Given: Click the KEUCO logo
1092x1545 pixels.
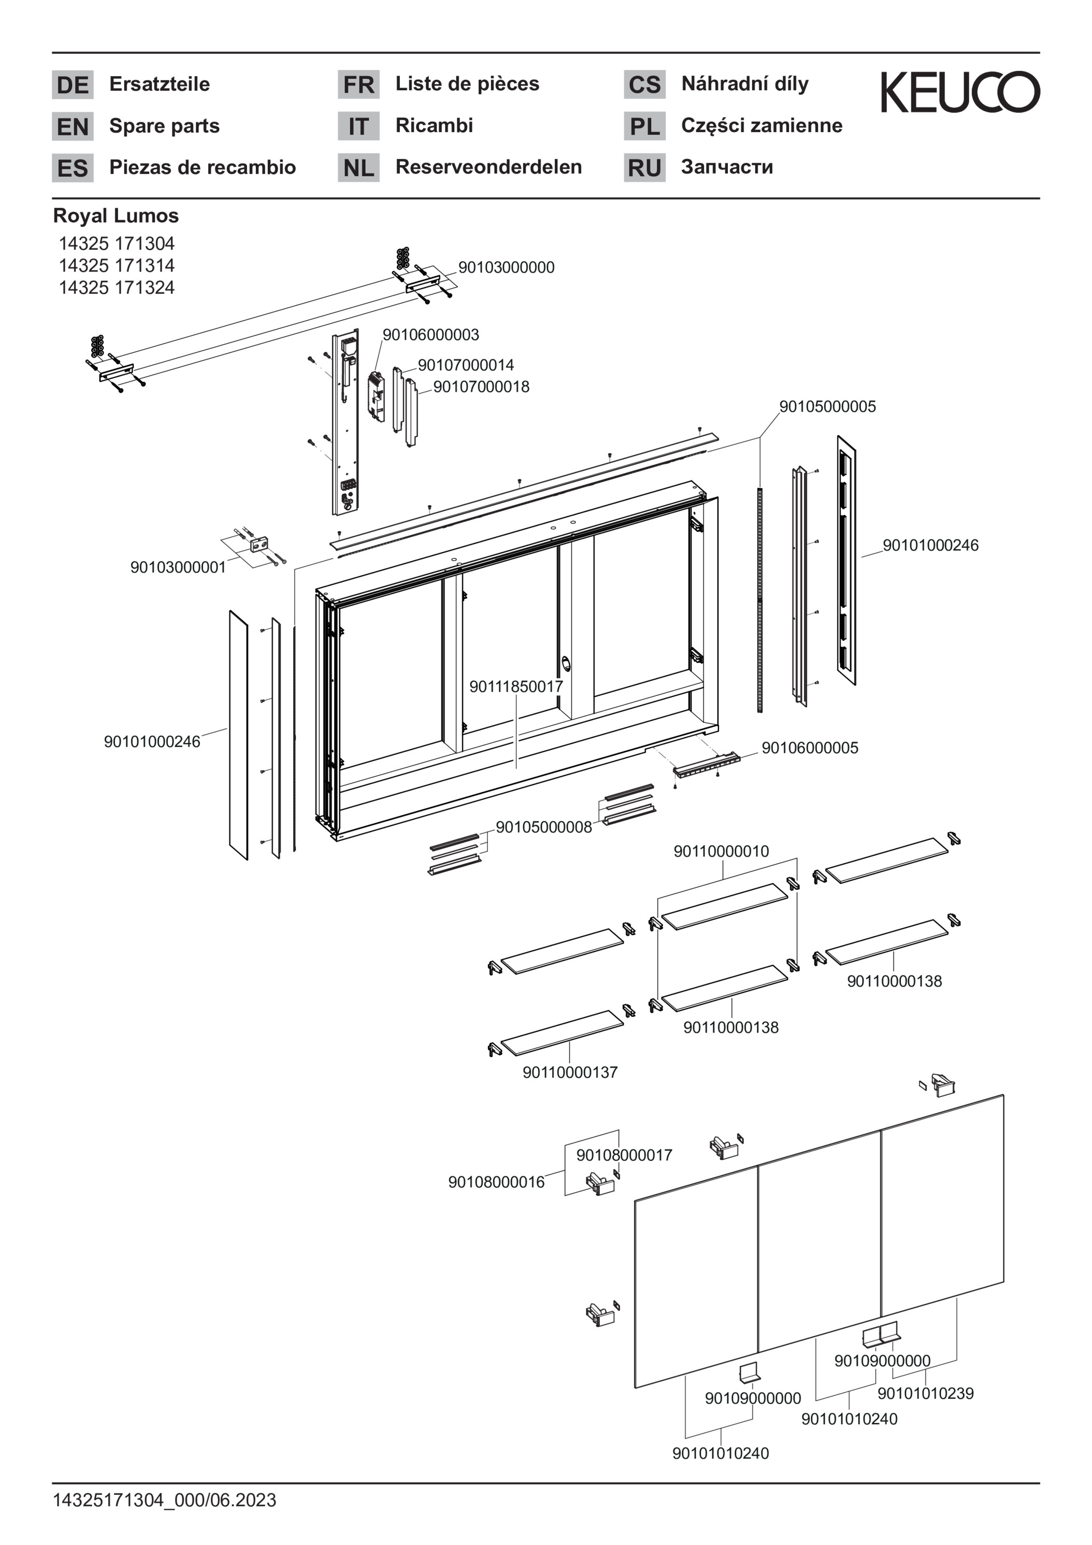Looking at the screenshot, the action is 960,92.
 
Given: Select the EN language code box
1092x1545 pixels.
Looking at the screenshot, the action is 73,126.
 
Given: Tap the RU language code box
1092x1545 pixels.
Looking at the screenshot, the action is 644,167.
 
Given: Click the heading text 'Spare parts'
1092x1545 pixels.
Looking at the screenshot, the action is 165,126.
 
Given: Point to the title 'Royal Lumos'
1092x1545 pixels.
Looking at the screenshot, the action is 116,216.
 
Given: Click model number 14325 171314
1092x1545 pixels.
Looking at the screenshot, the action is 117,265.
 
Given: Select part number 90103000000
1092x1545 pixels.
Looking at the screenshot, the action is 507,267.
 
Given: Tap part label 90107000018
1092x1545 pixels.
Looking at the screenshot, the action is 481,387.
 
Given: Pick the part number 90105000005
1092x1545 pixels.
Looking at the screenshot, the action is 828,406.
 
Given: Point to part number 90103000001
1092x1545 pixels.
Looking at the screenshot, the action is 178,567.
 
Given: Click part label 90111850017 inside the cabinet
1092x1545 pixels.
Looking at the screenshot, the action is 516,686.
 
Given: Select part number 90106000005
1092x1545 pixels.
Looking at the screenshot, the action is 810,748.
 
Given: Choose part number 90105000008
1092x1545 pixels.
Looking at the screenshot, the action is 543,827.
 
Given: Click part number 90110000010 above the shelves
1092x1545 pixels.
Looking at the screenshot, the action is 721,851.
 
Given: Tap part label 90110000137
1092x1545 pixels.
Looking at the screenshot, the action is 570,1072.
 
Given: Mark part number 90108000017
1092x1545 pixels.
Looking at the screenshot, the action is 624,1155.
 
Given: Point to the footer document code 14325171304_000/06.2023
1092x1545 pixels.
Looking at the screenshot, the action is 165,1500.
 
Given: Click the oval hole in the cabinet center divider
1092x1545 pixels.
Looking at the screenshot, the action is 565,664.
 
